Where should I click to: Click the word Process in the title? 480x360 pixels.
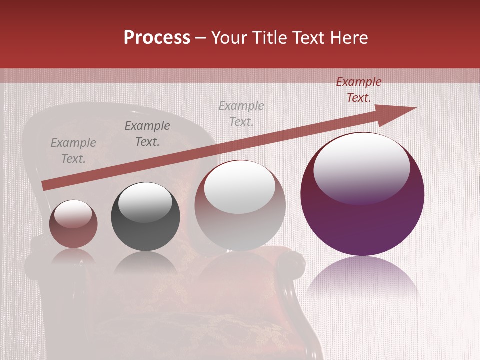[157, 38]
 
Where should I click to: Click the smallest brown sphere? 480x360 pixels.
[73, 224]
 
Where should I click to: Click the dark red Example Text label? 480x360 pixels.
[359, 90]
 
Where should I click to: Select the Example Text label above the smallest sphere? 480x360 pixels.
[73, 151]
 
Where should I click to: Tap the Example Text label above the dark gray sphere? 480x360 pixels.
[147, 134]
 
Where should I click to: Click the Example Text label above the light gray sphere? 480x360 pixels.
[241, 114]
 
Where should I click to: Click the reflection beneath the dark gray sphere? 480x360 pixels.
[145, 262]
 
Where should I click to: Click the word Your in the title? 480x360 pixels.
[229, 38]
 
